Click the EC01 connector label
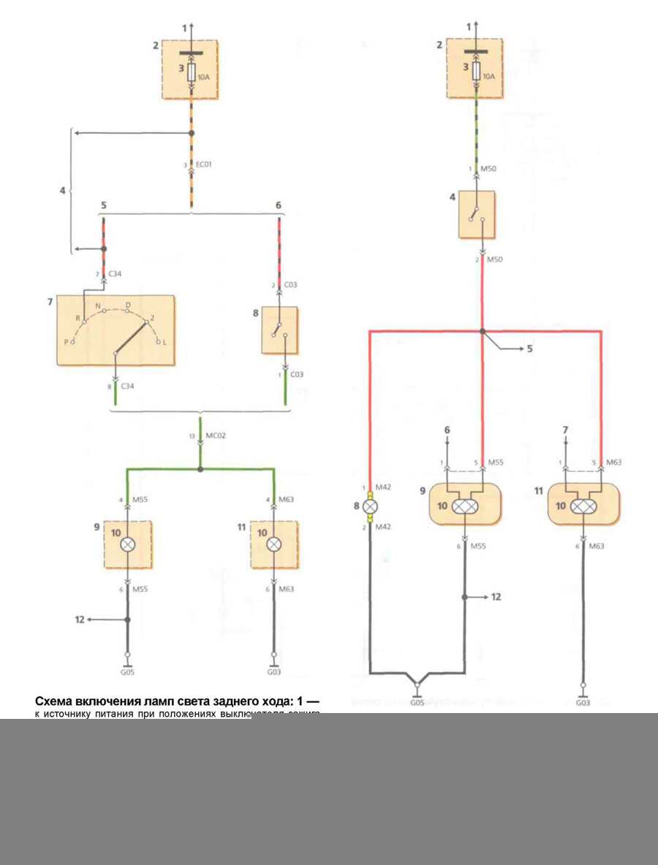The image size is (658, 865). click(204, 166)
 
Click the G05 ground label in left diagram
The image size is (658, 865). click(128, 670)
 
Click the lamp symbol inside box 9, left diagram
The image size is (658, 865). click(128, 544)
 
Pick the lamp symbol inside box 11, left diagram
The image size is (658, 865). click(273, 544)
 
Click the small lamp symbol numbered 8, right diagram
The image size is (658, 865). click(371, 505)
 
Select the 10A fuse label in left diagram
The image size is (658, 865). click(203, 75)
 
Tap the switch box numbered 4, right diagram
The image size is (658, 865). click(477, 214)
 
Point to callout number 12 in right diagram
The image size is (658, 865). click(496, 597)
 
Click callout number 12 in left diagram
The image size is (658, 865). click(79, 620)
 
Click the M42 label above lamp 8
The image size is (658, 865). click(384, 487)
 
